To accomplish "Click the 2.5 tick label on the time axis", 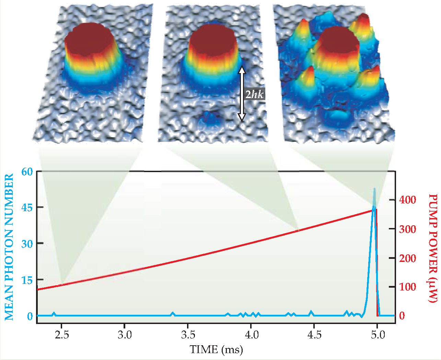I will click(x=62, y=335).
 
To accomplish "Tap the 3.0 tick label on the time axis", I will click(x=125, y=335).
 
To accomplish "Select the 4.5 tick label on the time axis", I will click(x=314, y=335).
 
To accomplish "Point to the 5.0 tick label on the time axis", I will click(x=378, y=335).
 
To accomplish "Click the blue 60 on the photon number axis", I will click(x=27, y=171).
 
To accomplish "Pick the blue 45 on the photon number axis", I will click(x=27, y=207).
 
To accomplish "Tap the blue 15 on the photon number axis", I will click(x=27, y=280).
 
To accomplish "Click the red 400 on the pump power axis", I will click(x=408, y=200).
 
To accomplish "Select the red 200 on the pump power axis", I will click(x=408, y=258).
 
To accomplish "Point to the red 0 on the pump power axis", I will click(x=402, y=316).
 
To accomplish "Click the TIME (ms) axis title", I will click(x=216, y=350).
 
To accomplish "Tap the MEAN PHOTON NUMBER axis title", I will click(x=9, y=247).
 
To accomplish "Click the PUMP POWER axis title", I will click(x=433, y=248).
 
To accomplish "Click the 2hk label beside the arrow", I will click(x=254, y=94).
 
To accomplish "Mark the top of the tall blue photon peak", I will click(x=374, y=189).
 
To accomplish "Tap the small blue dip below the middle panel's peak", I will click(x=210, y=118).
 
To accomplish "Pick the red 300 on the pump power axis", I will click(x=408, y=229).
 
